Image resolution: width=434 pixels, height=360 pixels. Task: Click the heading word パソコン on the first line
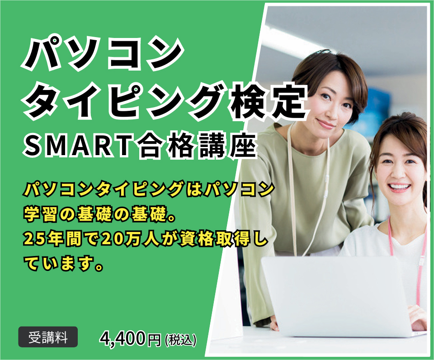pos(102,53)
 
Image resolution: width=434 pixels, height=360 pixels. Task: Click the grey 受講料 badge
pos(48,337)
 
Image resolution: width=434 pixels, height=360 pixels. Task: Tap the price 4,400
pos(123,338)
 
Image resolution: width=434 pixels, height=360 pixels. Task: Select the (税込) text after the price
pos(181,339)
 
